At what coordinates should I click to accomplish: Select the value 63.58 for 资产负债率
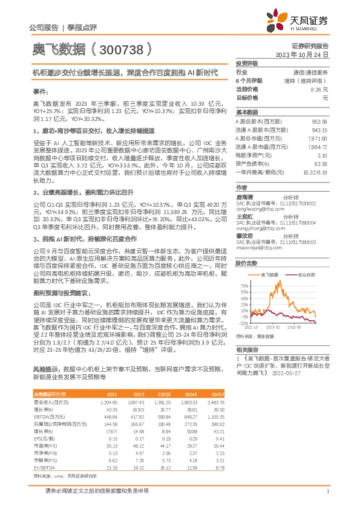pyautogui.click(x=321, y=163)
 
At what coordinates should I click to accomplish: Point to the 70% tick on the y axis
pyautogui.click(x=243, y=284)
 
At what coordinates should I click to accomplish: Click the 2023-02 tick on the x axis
pyautogui.click(x=273, y=327)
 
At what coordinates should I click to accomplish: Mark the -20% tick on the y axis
pyautogui.click(x=242, y=323)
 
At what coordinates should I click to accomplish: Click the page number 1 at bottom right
pyautogui.click(x=327, y=491)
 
